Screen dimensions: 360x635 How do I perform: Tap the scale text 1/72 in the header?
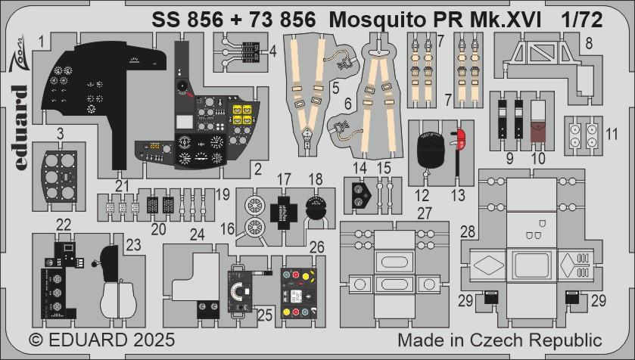[581, 20]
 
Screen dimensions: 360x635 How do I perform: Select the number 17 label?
[284, 180]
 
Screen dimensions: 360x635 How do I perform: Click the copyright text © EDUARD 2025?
[92, 340]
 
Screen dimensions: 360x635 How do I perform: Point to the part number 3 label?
[38, 134]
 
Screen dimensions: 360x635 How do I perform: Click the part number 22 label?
[64, 224]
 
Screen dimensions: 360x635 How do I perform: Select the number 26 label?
[317, 246]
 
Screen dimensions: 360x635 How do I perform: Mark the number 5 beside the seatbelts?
[334, 88]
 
